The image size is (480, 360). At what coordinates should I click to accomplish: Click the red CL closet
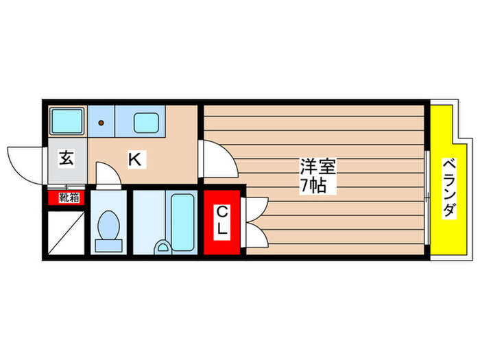click(222, 221)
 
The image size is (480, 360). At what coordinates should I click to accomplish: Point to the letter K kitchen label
click(136, 160)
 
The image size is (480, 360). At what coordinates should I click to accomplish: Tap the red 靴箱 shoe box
click(67, 198)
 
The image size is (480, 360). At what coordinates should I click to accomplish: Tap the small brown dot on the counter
click(101, 123)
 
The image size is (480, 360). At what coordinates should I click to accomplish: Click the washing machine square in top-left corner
click(67, 122)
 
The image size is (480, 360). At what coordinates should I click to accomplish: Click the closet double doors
click(254, 221)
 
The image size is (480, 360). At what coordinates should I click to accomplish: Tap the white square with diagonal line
click(67, 232)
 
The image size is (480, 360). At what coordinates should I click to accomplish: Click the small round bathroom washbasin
click(163, 247)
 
